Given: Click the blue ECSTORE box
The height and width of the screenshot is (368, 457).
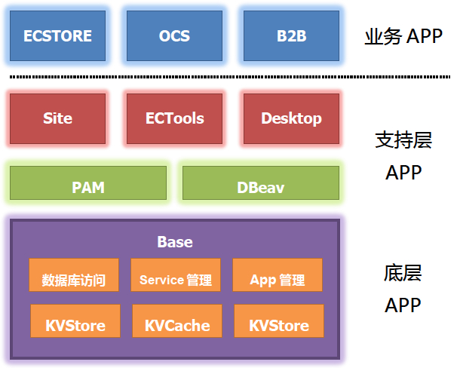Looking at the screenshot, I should tap(57, 35).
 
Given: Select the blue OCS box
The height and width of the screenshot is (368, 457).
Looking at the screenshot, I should tap(174, 35).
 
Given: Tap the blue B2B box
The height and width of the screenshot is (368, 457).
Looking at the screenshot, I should tap(291, 35).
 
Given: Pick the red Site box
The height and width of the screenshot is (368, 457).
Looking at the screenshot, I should tap(57, 118).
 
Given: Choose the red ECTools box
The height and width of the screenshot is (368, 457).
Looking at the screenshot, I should tap(174, 118).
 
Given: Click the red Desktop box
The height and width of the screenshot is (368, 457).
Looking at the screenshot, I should tap(291, 118).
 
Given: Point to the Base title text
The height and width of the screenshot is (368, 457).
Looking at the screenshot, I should tap(174, 242).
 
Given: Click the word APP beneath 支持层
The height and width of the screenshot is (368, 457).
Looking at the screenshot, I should tap(403, 173).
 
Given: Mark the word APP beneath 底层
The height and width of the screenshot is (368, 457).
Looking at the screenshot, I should tap(403, 305).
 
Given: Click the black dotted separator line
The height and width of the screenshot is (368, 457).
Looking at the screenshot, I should tap(226, 77).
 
